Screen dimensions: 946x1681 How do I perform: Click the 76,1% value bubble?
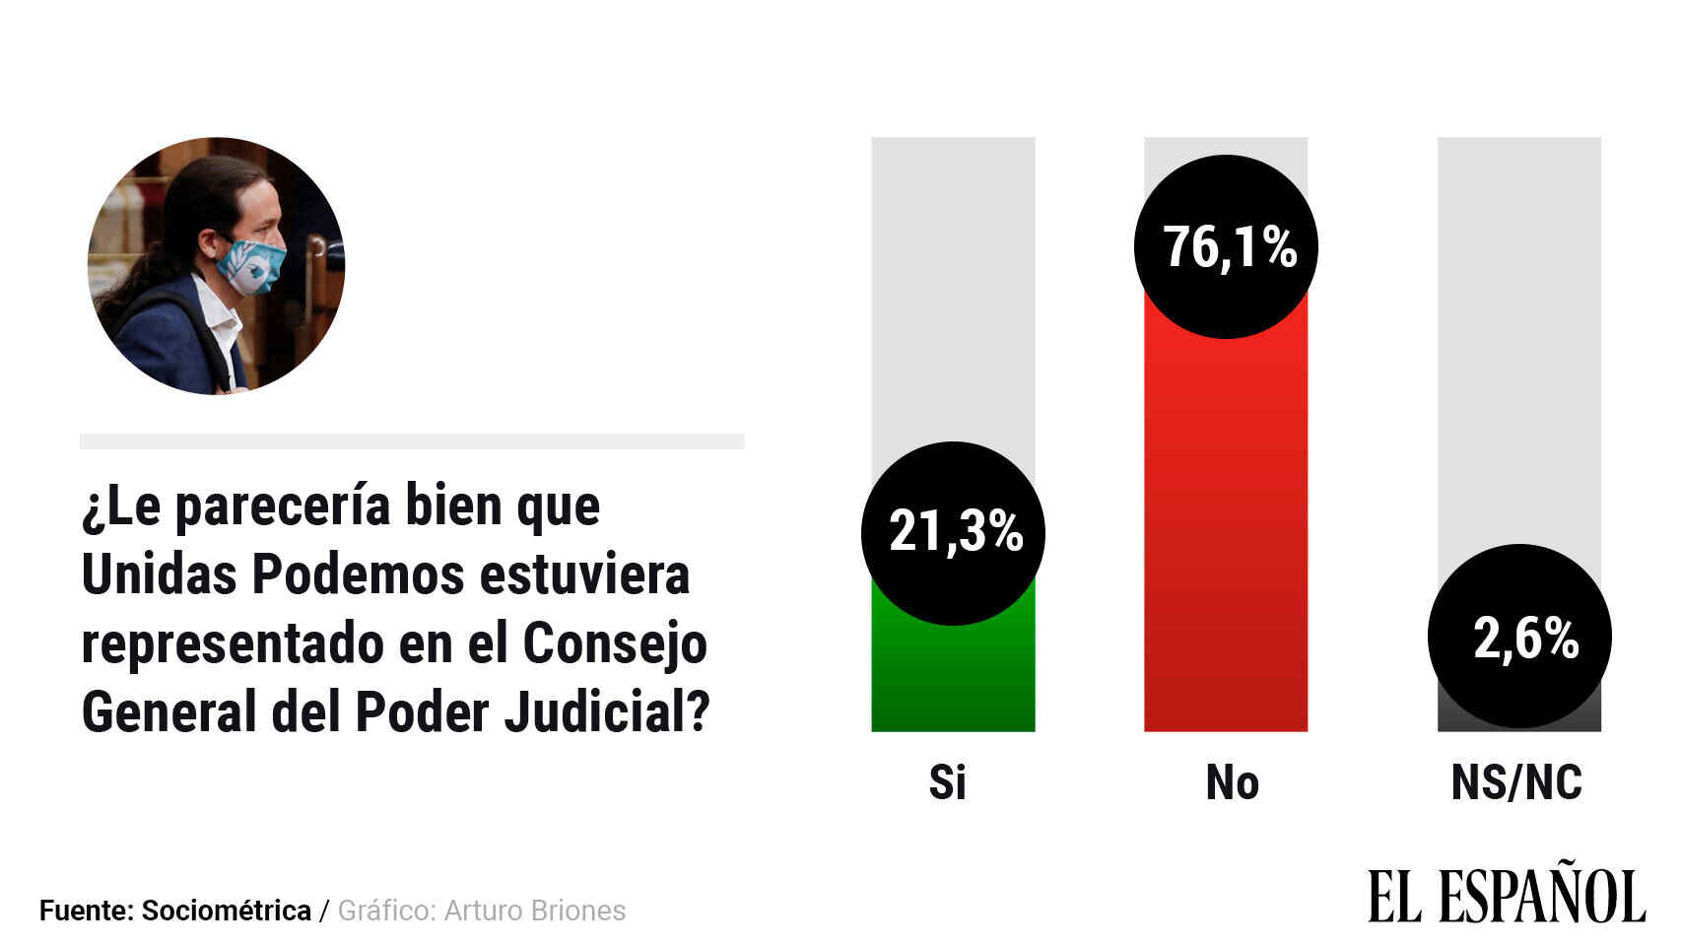1226,246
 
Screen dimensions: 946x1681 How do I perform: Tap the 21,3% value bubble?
953,533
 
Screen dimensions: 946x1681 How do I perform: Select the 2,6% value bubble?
1519,637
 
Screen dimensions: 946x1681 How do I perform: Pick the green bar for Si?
953,680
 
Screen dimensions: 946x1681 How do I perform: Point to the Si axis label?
947,782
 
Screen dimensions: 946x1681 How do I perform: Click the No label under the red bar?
1232,782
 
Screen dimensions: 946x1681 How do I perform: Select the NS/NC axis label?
1516,782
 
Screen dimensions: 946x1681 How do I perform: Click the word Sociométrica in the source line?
227,911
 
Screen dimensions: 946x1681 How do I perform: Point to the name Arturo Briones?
535,911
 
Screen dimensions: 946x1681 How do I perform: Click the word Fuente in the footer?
86,911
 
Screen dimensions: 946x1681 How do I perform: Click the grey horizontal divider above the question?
412,441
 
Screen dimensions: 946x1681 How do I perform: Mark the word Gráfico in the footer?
386,911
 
